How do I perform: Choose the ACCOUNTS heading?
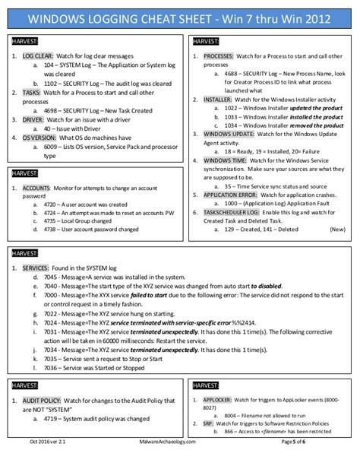click(37, 187)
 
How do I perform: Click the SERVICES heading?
click(36, 268)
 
